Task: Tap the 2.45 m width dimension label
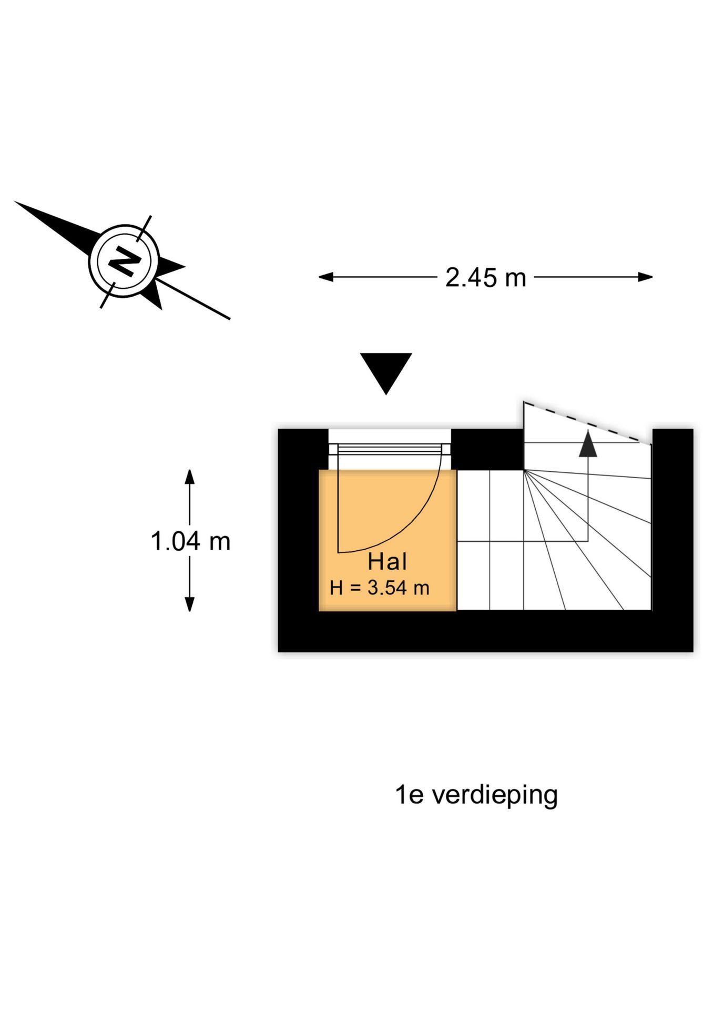coord(485,278)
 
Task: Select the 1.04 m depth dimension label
coord(190,541)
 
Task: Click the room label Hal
coord(387,562)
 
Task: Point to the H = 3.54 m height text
coord(380,588)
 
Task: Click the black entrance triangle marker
coord(386,371)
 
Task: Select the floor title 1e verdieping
coord(476,795)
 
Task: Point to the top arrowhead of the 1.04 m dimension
coord(190,476)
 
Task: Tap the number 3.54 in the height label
coord(387,588)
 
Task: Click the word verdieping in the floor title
coord(495,795)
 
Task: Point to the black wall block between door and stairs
coord(487,448)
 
